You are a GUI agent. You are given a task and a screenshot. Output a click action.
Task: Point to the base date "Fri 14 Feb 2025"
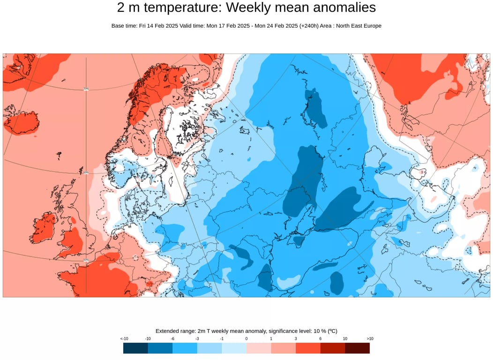tap(159, 26)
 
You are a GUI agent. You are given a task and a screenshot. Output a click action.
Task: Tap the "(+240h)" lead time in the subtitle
tap(309, 26)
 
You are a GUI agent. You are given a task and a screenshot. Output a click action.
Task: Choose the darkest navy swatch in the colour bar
tap(135, 348)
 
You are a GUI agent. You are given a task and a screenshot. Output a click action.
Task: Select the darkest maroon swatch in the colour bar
tap(357, 348)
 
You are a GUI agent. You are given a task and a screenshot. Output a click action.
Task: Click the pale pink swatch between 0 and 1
tap(259, 348)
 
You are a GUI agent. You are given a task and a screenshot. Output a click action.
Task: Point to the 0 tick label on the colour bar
tap(246, 338)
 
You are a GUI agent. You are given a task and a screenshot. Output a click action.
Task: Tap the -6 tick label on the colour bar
tap(172, 338)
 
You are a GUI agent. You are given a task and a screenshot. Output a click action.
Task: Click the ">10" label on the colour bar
tap(370, 338)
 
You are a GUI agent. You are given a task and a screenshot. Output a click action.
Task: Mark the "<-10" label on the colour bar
tap(124, 338)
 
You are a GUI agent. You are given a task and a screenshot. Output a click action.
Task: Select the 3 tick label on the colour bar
tap(296, 338)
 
